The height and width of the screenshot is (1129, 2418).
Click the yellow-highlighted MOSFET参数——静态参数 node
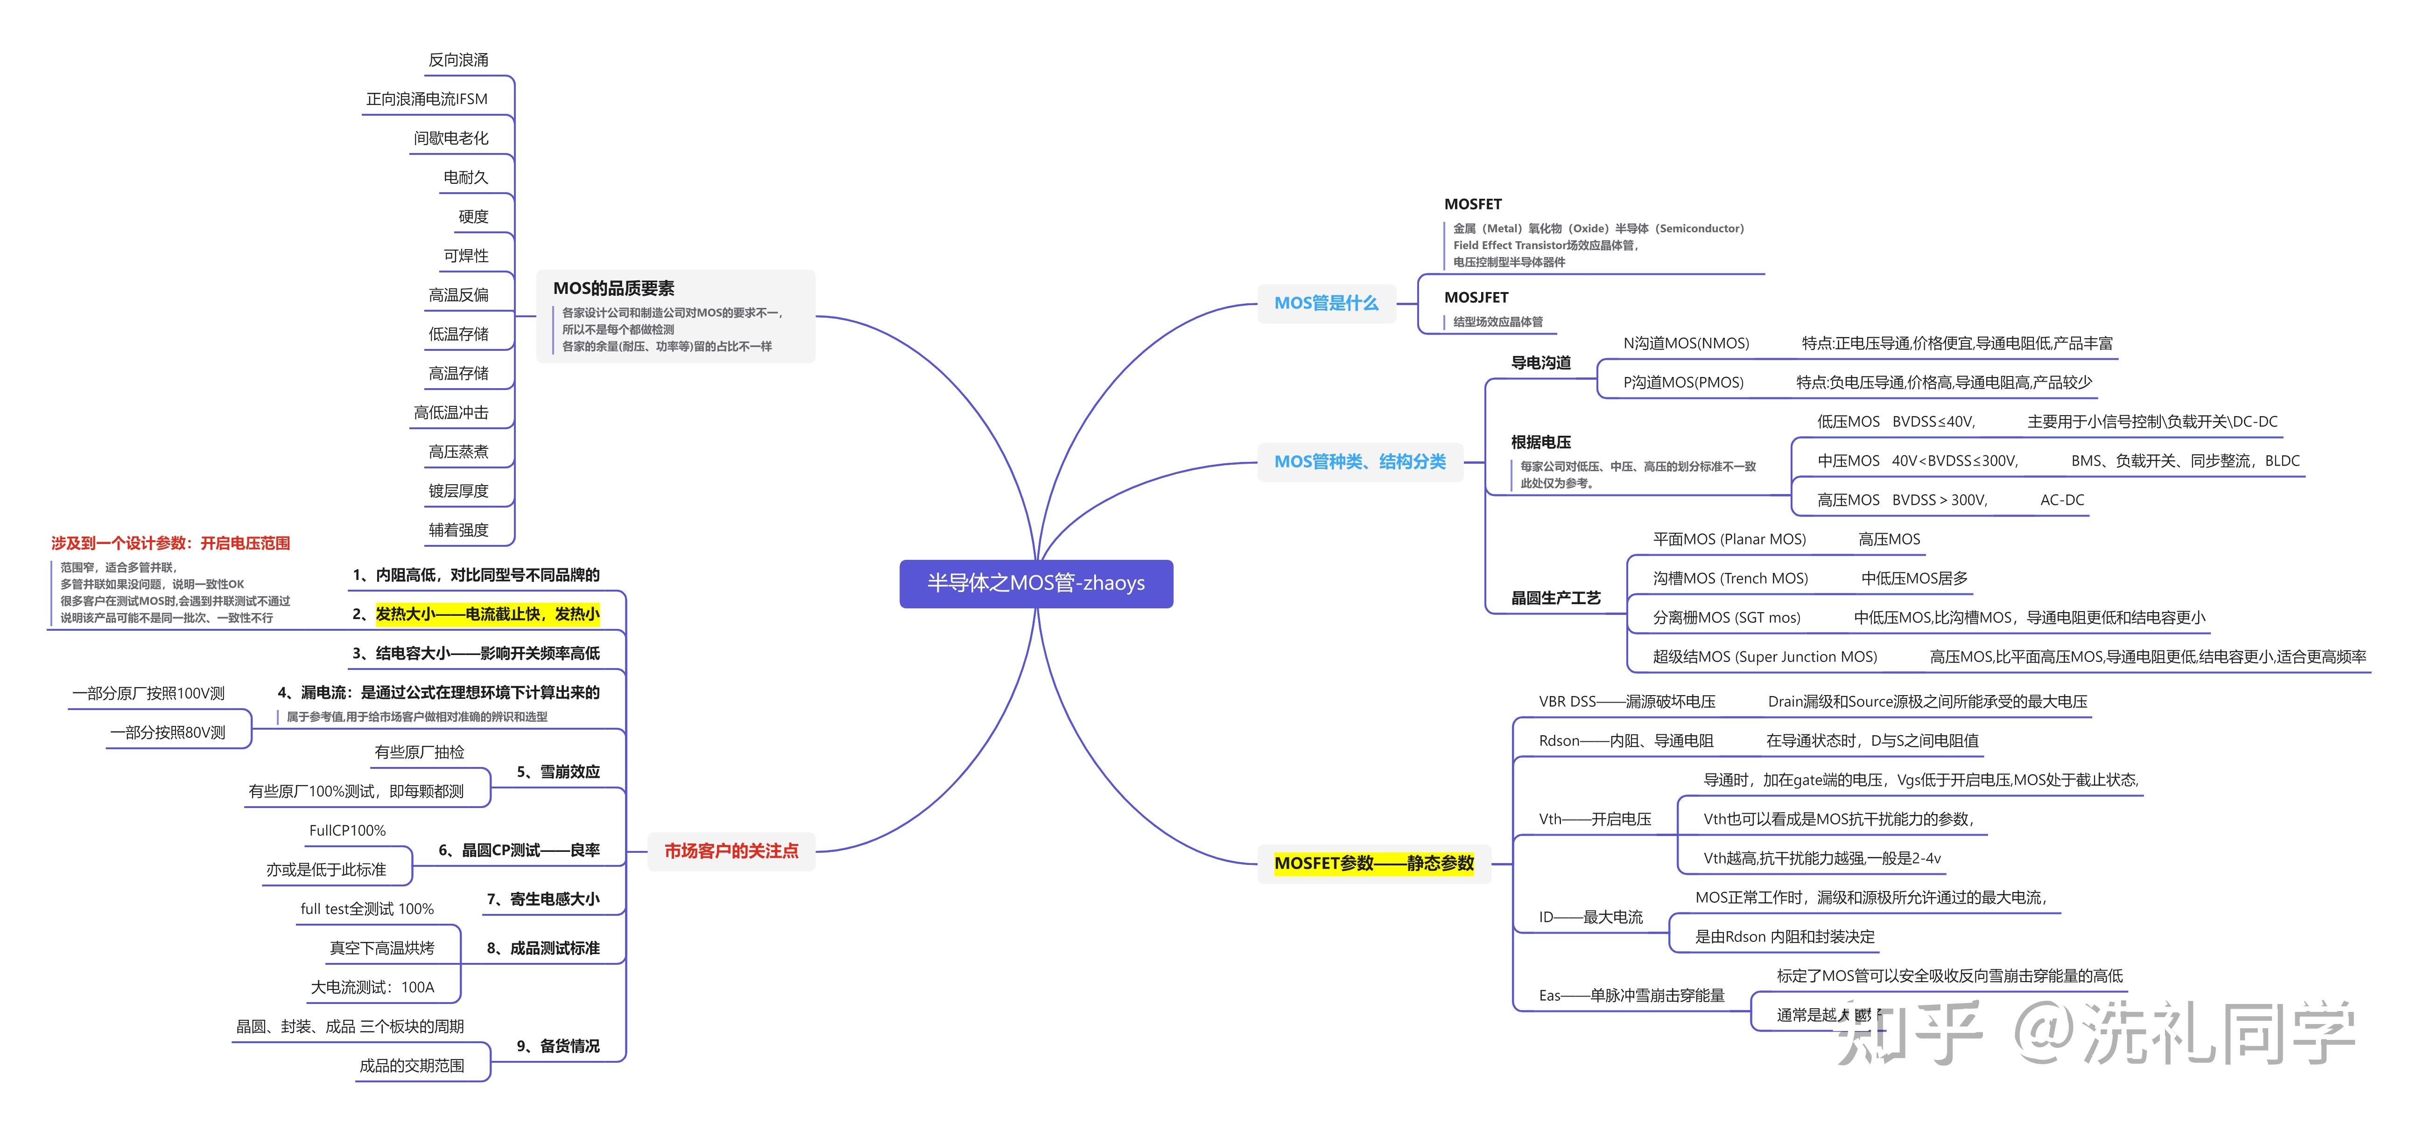pyautogui.click(x=1373, y=864)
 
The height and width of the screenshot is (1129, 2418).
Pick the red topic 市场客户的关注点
pyautogui.click(x=731, y=851)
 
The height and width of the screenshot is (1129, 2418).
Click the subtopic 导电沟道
pyautogui.click(x=1540, y=362)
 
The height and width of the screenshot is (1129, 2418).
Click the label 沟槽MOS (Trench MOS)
pyautogui.click(x=1730, y=578)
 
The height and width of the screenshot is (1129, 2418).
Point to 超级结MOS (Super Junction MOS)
pyautogui.click(x=1764, y=657)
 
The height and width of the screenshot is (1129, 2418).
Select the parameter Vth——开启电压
pyautogui.click(x=1595, y=819)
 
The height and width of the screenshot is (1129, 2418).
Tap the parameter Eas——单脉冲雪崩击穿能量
pyautogui.click(x=1631, y=996)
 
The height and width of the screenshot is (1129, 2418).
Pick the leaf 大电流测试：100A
pyautogui.click(x=373, y=987)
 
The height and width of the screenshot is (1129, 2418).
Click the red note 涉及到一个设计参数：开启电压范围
pyautogui.click(x=171, y=544)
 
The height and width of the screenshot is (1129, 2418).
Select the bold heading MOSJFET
pyautogui.click(x=1476, y=298)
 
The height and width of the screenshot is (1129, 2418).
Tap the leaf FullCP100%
pyautogui.click(x=347, y=830)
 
